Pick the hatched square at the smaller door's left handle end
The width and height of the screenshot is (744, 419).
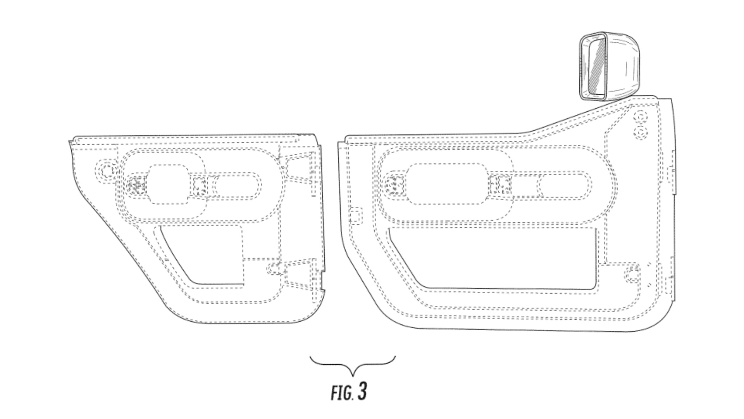coord(136,185)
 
